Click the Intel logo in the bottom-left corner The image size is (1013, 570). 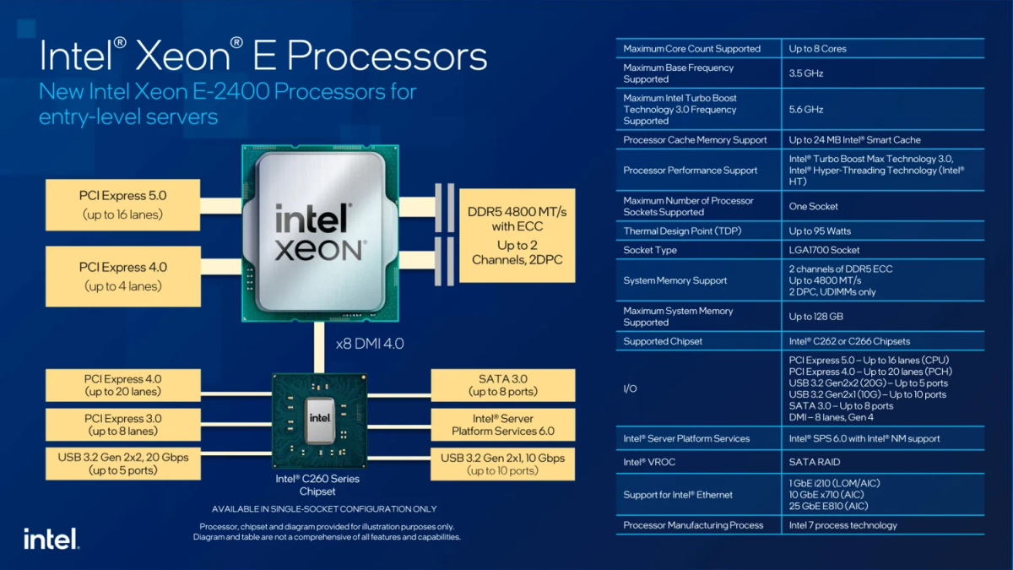pyautogui.click(x=51, y=539)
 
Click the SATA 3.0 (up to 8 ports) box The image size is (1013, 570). pyautogui.click(x=503, y=385)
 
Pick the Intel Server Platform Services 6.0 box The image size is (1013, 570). pyautogui.click(x=503, y=425)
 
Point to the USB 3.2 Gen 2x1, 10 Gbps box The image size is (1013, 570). pyautogui.click(x=503, y=464)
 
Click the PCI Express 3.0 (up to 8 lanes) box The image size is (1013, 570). pyautogui.click(x=123, y=425)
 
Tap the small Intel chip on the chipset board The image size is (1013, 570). pyautogui.click(x=319, y=418)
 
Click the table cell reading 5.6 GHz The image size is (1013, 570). pyautogui.click(x=806, y=109)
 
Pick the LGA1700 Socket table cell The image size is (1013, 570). pyautogui.click(x=824, y=250)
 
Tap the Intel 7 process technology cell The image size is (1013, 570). pyautogui.click(x=842, y=525)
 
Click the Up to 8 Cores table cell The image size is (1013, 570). pyautogui.click(x=817, y=49)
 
